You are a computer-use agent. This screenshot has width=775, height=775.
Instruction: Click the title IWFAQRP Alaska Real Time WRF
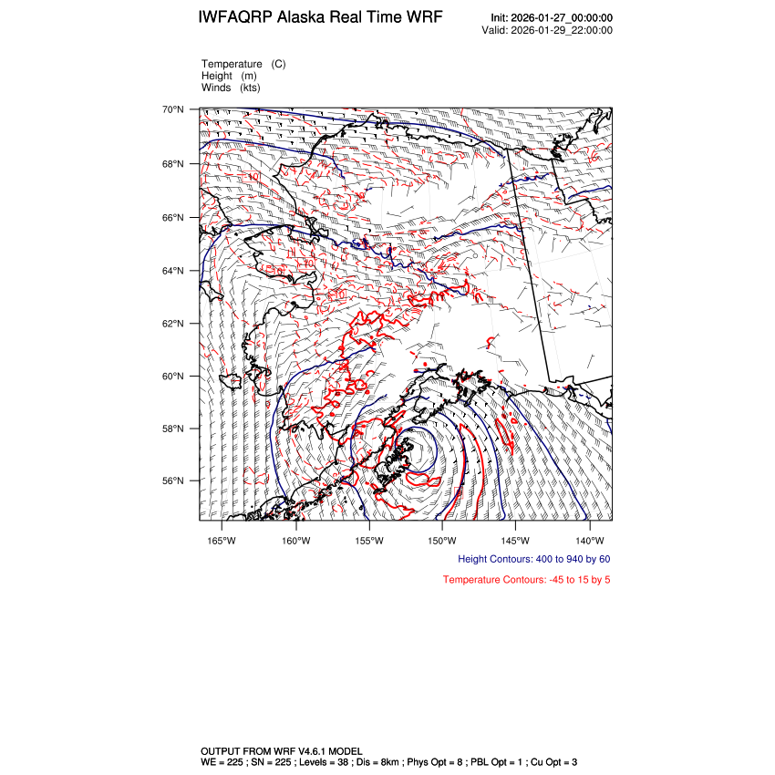(320, 18)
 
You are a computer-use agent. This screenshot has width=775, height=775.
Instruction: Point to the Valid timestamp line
(546, 30)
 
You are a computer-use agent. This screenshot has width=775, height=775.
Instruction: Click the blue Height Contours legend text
(534, 559)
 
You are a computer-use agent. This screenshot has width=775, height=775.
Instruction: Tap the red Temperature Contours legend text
(527, 580)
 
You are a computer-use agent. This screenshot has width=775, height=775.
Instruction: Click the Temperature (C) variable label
(243, 64)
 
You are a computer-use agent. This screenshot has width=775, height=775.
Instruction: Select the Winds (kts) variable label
(232, 88)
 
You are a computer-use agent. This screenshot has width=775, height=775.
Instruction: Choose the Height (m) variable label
(229, 76)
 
